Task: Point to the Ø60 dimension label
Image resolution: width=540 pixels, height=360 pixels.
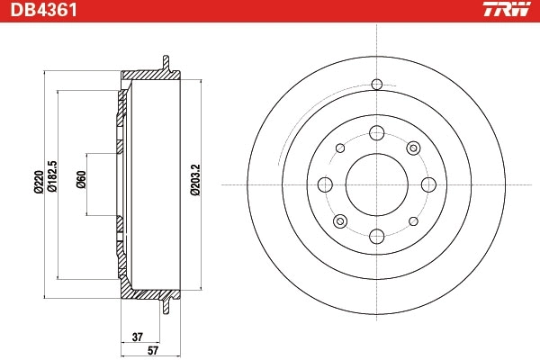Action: pos(81,183)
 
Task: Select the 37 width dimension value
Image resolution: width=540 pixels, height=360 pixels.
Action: pos(137,337)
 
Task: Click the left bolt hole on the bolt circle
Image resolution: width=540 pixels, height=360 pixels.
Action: pos(324,184)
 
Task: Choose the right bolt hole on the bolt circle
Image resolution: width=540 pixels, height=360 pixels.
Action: pos(428,184)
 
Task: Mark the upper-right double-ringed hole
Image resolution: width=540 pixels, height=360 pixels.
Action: pos(413,148)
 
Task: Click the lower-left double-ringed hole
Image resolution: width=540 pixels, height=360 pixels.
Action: pos(339,221)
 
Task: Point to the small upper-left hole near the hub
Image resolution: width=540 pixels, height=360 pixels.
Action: pos(339,148)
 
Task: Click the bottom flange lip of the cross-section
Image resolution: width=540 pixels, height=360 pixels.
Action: pos(166,307)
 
